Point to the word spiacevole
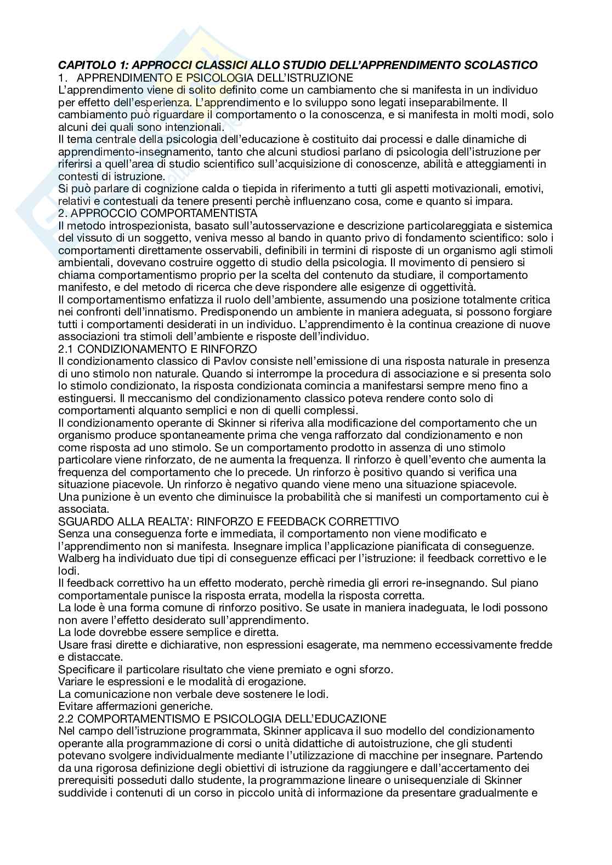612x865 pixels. (483, 484)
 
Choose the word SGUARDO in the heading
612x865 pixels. (83, 521)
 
